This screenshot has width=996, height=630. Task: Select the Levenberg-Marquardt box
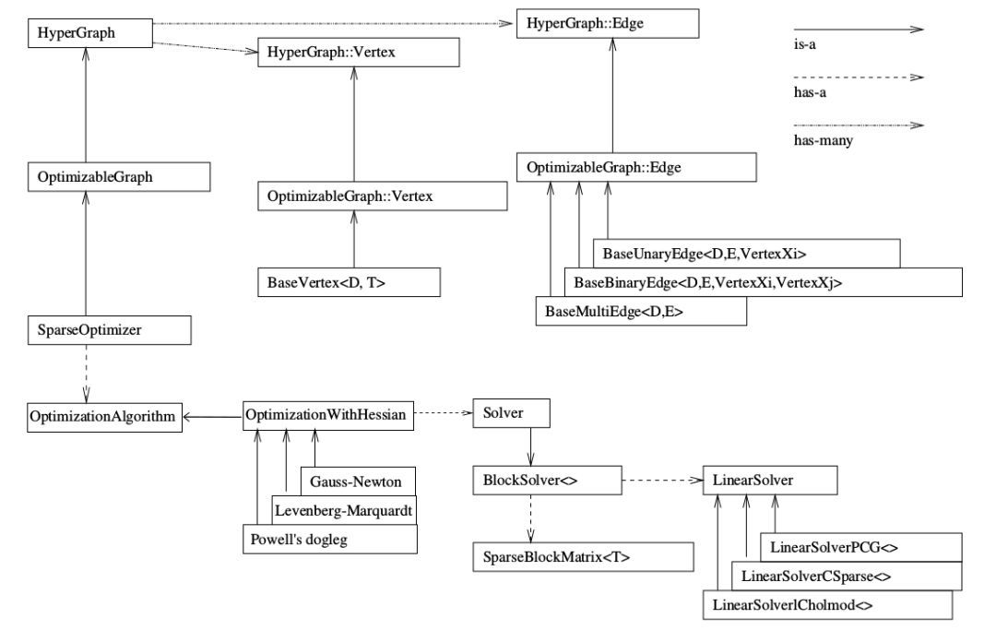point(343,509)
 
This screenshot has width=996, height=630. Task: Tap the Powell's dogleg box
point(328,537)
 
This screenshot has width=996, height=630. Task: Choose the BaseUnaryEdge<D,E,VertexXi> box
point(744,253)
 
